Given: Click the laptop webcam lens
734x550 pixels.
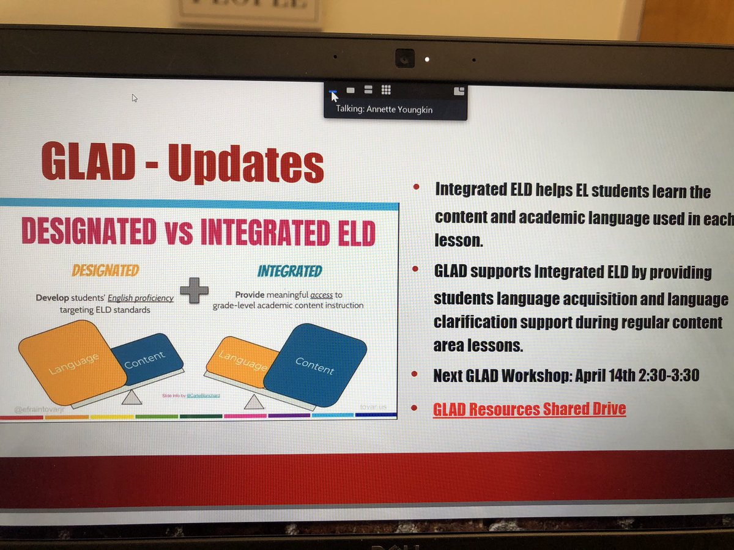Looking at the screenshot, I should (x=404, y=58).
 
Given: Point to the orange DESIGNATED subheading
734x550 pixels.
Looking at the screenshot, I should (x=106, y=270).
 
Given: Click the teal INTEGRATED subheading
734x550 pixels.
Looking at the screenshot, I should (x=290, y=271).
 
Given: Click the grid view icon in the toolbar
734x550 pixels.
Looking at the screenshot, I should (x=386, y=90).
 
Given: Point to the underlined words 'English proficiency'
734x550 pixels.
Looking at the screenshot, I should (x=141, y=298).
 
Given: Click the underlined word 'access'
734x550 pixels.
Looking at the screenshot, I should (x=321, y=295).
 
